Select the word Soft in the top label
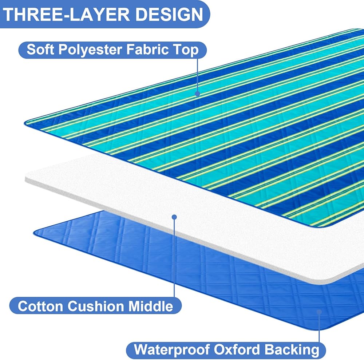coord(40,49)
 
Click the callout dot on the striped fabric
coord(197,94)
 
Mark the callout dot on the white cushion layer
coord(174,217)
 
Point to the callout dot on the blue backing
coord(320,312)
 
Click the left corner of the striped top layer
coord(25,122)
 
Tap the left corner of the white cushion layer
coord(25,178)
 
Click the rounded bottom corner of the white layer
coord(330,283)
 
